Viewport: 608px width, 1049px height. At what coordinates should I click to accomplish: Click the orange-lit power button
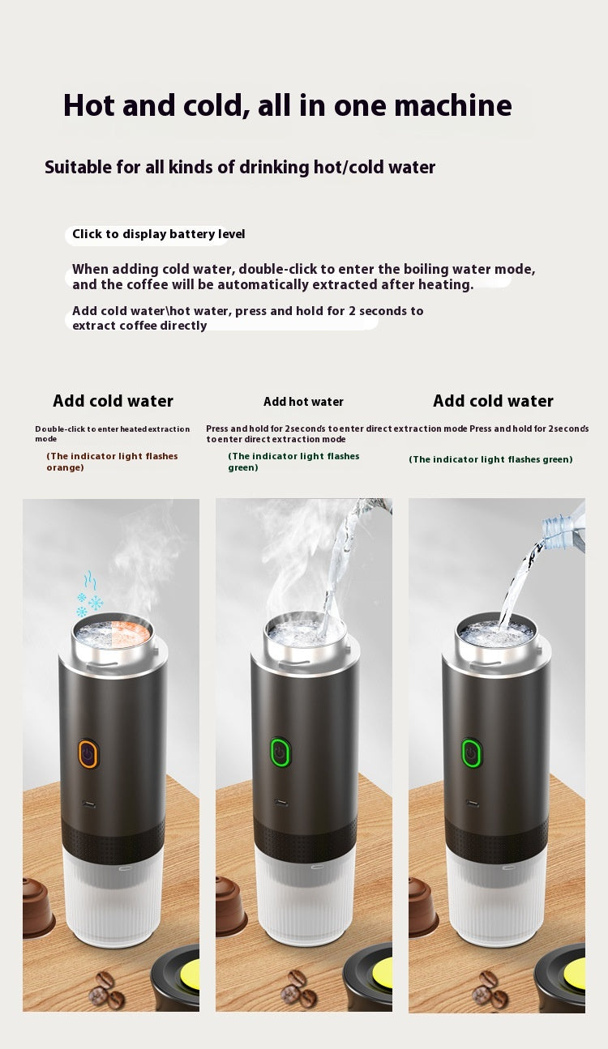[x=88, y=754]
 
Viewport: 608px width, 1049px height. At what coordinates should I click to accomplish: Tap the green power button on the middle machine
[x=280, y=753]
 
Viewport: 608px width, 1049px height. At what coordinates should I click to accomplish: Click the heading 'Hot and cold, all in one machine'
[x=287, y=106]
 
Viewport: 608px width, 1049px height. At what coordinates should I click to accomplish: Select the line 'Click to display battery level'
[x=158, y=234]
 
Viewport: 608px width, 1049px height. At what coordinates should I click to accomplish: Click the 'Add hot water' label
[x=303, y=402]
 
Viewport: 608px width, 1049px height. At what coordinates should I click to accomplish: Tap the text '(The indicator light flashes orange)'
[x=112, y=462]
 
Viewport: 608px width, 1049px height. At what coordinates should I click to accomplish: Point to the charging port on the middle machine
[x=280, y=804]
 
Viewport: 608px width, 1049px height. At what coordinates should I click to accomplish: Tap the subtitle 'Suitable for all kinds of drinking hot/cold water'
[x=240, y=168]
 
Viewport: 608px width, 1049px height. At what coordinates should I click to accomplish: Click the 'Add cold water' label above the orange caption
[x=113, y=401]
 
